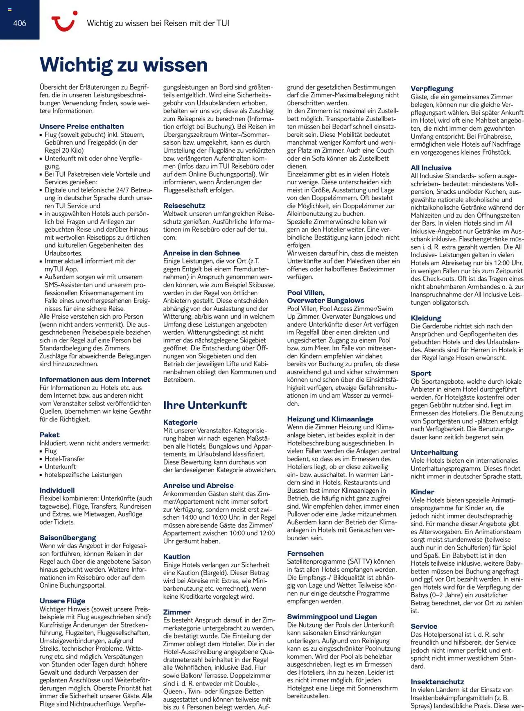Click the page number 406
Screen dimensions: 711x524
coord(19,23)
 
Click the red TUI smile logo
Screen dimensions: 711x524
coord(64,21)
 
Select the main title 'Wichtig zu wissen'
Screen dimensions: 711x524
coord(124,65)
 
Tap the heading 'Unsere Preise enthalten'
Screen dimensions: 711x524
coord(81,127)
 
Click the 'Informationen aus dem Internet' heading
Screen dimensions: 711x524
coord(95,379)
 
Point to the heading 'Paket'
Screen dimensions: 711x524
coord(50,435)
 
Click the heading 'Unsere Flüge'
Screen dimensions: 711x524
coord(62,601)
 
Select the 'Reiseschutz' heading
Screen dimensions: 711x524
coord(184,206)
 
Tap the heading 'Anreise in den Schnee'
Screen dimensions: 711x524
coord(201,253)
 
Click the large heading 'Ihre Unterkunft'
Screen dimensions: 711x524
coord(205,405)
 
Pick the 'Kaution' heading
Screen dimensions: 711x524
coord(176,557)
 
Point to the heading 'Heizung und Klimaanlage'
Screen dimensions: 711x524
coord(330,419)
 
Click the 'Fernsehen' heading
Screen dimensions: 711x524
coord(305,553)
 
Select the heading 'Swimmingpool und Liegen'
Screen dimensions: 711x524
coord(332,617)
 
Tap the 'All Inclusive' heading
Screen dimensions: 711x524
coord(431,168)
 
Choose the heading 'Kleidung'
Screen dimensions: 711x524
coord(426,318)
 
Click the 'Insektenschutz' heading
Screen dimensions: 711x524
coord(437,682)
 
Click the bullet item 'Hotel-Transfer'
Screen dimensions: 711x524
coord(65,459)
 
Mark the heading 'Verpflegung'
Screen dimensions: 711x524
coord(432,88)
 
